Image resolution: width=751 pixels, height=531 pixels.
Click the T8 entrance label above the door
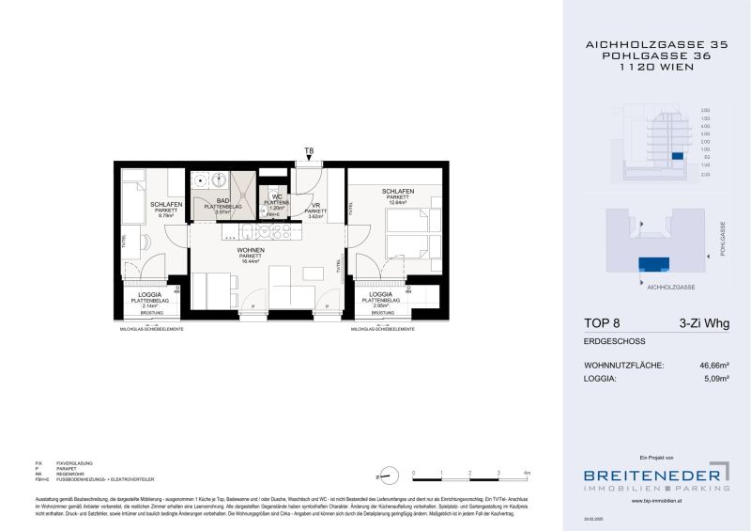(308, 150)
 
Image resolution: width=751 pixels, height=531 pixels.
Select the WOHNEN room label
(250, 249)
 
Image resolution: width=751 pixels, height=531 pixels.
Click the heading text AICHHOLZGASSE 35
(655, 44)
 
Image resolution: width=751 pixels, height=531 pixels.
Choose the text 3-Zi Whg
(703, 324)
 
